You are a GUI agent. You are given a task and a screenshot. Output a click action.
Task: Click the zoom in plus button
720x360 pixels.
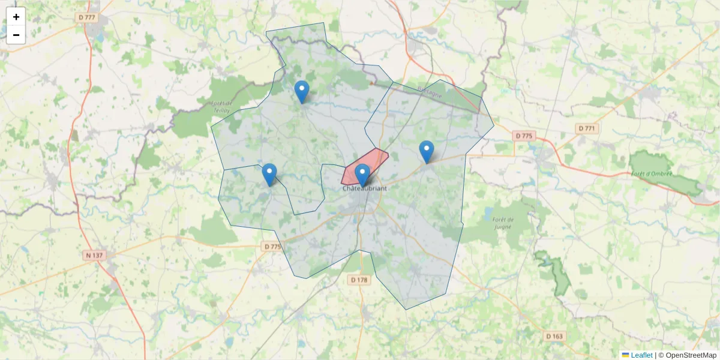pos(16,17)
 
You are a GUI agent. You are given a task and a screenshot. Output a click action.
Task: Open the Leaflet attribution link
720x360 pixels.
pos(641,355)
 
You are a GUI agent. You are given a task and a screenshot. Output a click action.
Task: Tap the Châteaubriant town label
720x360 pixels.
pos(364,188)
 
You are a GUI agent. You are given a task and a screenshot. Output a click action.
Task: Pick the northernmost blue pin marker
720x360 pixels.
pos(302,92)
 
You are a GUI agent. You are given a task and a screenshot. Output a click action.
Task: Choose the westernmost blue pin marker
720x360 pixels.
pos(269,175)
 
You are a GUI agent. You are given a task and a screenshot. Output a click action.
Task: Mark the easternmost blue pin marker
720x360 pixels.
pos(426,152)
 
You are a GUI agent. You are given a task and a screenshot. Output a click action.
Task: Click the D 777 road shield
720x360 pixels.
pos(87,17)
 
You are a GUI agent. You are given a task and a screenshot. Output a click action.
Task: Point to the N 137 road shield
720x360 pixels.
pos(94,256)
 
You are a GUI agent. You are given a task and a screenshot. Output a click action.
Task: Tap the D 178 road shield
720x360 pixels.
pos(359,280)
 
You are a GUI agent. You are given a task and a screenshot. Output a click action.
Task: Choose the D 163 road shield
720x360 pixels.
pos(555,337)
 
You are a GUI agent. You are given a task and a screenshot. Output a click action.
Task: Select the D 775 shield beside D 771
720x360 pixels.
pos(524,136)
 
